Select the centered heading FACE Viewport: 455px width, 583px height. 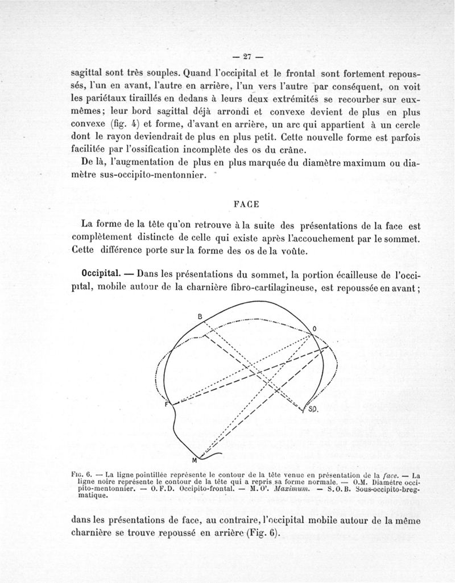246,203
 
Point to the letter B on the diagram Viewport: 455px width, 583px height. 200,316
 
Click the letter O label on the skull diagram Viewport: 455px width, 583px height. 315,328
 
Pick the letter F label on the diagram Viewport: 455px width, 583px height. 167,404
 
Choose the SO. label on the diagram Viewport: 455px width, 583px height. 313,409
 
